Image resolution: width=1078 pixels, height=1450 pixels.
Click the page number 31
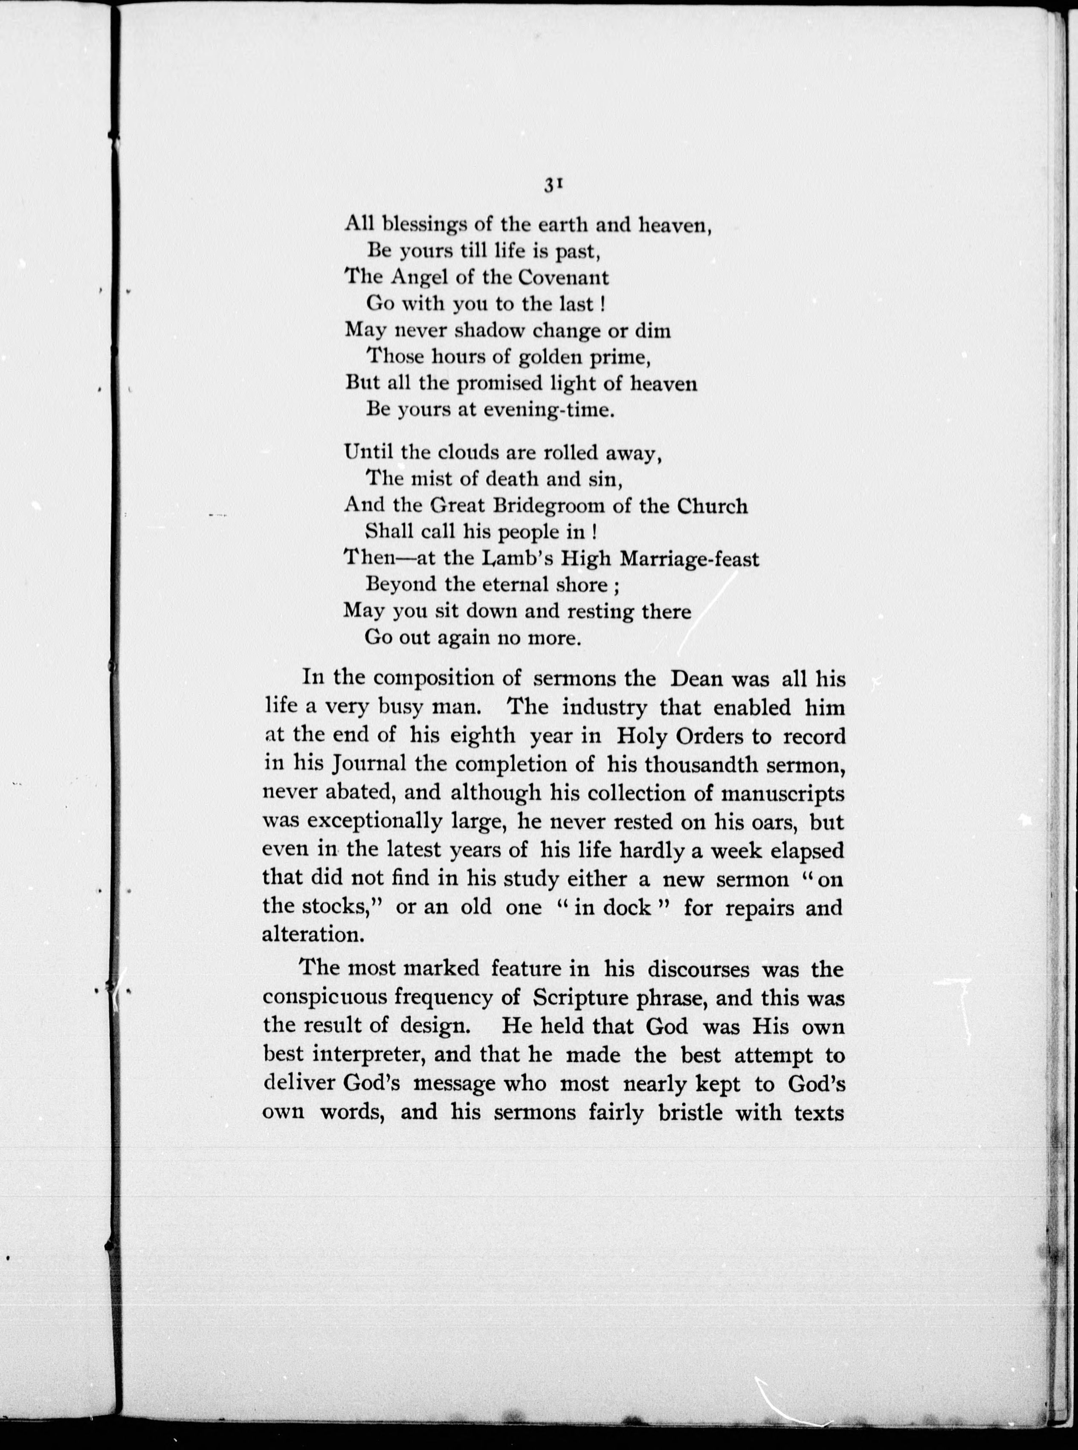pos(553,186)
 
